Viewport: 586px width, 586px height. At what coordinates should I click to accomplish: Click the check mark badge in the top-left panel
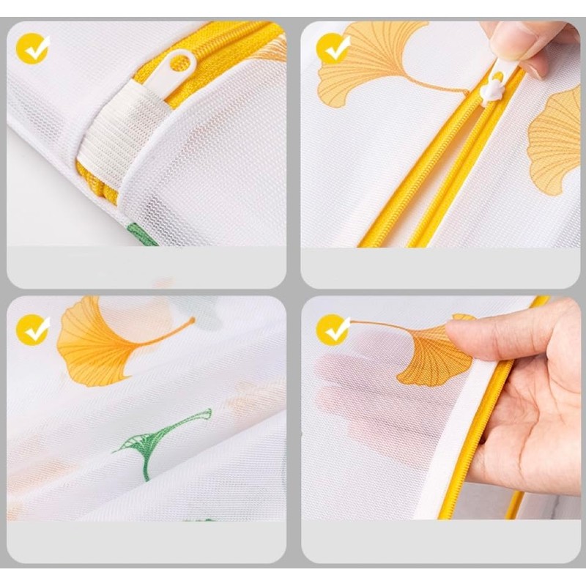[33, 49]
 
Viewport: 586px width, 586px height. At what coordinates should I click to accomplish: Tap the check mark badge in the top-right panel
[333, 49]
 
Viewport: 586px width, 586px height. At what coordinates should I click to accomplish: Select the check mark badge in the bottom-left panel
[33, 330]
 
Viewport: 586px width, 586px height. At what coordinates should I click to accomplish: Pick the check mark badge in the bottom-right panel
[333, 330]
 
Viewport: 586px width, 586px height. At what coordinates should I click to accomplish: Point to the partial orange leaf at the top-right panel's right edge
[557, 139]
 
